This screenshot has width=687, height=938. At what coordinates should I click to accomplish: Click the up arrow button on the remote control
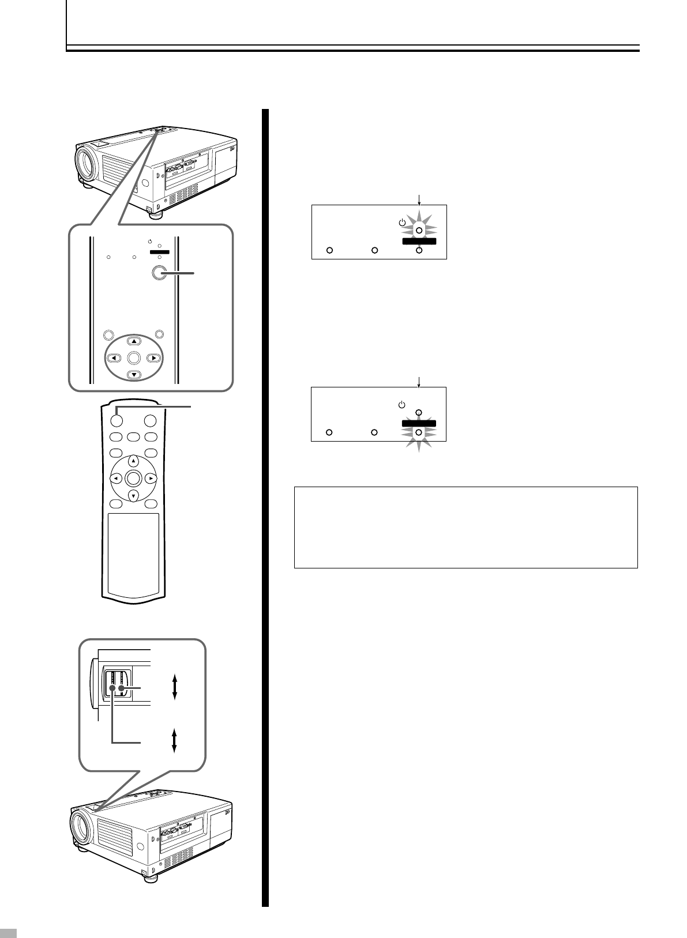[133, 461]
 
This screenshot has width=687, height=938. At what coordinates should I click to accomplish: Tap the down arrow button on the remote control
[133, 496]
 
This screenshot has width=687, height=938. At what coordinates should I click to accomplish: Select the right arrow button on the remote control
[151, 478]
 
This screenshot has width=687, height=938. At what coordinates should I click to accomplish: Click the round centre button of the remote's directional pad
[133, 478]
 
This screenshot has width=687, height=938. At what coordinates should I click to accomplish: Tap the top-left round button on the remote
[117, 421]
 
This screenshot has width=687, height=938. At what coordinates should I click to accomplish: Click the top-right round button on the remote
[150, 421]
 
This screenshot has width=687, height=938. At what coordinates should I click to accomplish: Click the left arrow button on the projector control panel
[115, 358]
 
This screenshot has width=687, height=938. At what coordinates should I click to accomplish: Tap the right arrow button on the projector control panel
[153, 358]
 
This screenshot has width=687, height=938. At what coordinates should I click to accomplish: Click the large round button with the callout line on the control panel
[159, 274]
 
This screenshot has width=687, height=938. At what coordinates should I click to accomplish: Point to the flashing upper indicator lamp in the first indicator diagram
[419, 230]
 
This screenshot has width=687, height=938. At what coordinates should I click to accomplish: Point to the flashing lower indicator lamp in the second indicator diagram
[419, 432]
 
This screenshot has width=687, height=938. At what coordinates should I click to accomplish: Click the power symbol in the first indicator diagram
[402, 223]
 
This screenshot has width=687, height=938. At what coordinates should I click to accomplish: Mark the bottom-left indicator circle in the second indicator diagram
[329, 432]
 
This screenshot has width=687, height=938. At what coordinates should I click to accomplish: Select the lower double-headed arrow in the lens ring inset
[174, 740]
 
